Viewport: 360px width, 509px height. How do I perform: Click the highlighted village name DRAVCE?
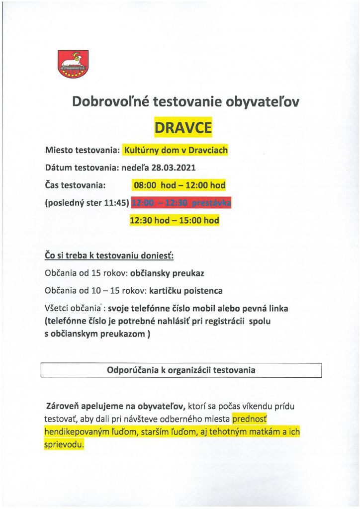pos(183,128)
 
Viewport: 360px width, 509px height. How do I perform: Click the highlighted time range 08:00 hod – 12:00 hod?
pos(179,185)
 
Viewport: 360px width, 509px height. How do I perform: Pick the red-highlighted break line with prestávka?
pos(180,203)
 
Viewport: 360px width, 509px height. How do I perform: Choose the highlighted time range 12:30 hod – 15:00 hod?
pos(174,220)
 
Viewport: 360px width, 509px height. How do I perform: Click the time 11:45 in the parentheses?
pos(118,203)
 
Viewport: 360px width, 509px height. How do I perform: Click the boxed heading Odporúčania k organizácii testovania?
pos(181,370)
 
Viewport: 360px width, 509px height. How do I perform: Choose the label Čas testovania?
pos(75,185)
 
